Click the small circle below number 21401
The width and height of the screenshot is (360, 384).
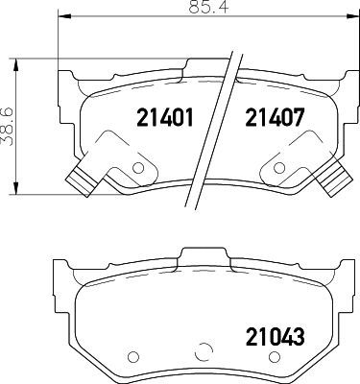[135, 168]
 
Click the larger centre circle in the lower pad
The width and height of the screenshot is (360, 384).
[203, 352]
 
